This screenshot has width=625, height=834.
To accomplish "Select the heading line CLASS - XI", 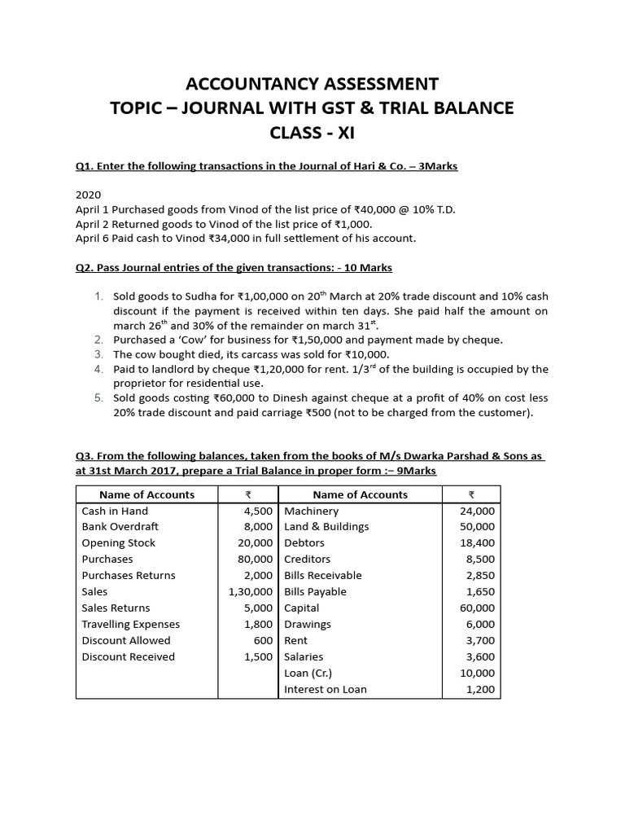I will [312, 133].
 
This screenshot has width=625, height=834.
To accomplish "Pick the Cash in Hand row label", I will [115, 511].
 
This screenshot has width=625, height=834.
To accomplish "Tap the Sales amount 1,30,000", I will [251, 592].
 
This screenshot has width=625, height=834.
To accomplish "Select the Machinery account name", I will [311, 511].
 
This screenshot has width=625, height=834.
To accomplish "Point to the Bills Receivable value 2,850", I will [480, 576].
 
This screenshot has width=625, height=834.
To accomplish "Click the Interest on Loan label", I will [325, 690].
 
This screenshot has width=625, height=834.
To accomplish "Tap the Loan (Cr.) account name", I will [308, 674].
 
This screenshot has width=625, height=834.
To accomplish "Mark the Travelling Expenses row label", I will [130, 625].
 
